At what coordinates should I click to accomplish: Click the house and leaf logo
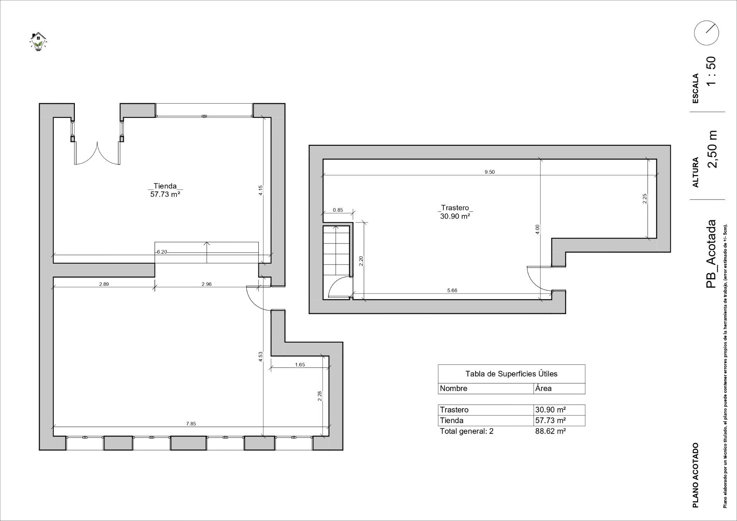pyautogui.click(x=38, y=41)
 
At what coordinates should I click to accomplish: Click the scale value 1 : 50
pyautogui.click(x=711, y=71)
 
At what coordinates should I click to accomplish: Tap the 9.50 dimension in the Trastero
pyautogui.click(x=489, y=172)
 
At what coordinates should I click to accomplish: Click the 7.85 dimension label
pyautogui.click(x=191, y=424)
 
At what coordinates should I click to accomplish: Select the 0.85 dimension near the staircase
pyautogui.click(x=338, y=210)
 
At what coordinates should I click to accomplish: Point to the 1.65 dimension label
pyautogui.click(x=300, y=364)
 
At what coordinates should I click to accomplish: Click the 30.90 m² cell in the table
pyautogui.click(x=550, y=410)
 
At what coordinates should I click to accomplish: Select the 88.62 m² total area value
pyautogui.click(x=550, y=431)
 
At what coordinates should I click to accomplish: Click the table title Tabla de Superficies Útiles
pyautogui.click(x=511, y=374)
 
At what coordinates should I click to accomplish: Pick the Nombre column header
pyautogui.click(x=454, y=388)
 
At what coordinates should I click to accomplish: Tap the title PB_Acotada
pyautogui.click(x=711, y=254)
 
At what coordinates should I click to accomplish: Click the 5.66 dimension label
pyautogui.click(x=452, y=290)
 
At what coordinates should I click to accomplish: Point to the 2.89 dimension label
pyautogui.click(x=104, y=284)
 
